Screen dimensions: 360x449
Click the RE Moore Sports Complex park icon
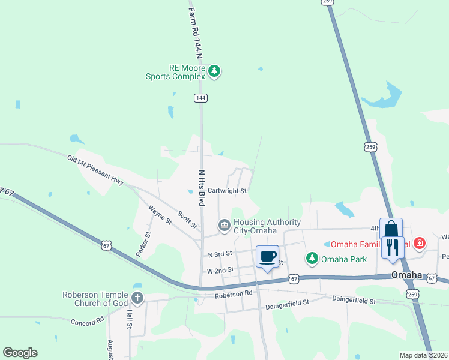[x=214, y=72]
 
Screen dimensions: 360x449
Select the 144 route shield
[x=200, y=98]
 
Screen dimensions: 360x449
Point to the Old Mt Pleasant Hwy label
[x=95, y=170]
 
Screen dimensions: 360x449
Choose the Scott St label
[x=187, y=218]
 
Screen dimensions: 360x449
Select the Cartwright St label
[x=228, y=191]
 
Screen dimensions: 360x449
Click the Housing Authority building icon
[x=224, y=226]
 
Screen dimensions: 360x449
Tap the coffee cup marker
[x=268, y=257]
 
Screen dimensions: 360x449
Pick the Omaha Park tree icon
[x=312, y=259]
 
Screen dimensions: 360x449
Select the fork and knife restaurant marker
[x=393, y=247]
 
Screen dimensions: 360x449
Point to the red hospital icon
[x=420, y=244]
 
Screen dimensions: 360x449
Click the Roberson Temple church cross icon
[x=137, y=297]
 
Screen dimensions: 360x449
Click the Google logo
[x=20, y=353]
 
